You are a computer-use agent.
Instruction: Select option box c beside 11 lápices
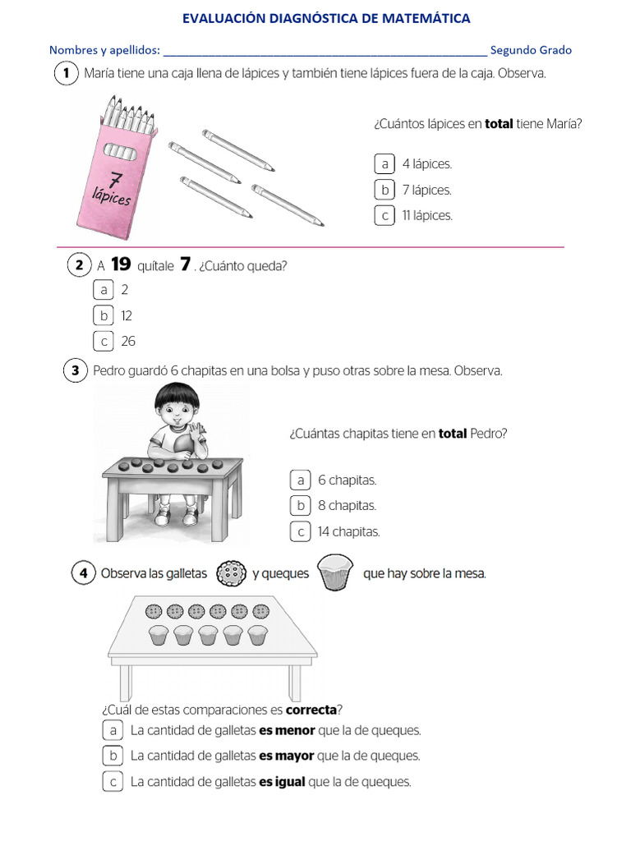click(383, 216)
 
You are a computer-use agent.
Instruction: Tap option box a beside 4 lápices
click(383, 164)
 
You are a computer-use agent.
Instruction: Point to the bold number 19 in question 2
click(121, 264)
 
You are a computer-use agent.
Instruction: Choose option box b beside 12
click(104, 315)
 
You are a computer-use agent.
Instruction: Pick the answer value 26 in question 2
click(128, 341)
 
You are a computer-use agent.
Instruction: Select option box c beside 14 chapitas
click(301, 531)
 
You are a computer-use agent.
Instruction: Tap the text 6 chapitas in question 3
click(347, 480)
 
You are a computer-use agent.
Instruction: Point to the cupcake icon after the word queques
click(335, 572)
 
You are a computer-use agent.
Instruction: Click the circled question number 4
click(82, 574)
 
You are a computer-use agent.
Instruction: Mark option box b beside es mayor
click(113, 756)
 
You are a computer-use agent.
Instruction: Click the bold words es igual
click(282, 782)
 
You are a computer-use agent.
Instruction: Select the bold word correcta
click(311, 710)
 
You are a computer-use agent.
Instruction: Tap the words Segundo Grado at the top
click(531, 50)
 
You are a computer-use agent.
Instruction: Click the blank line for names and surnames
click(325, 51)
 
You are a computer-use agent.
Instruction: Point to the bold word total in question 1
click(499, 124)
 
